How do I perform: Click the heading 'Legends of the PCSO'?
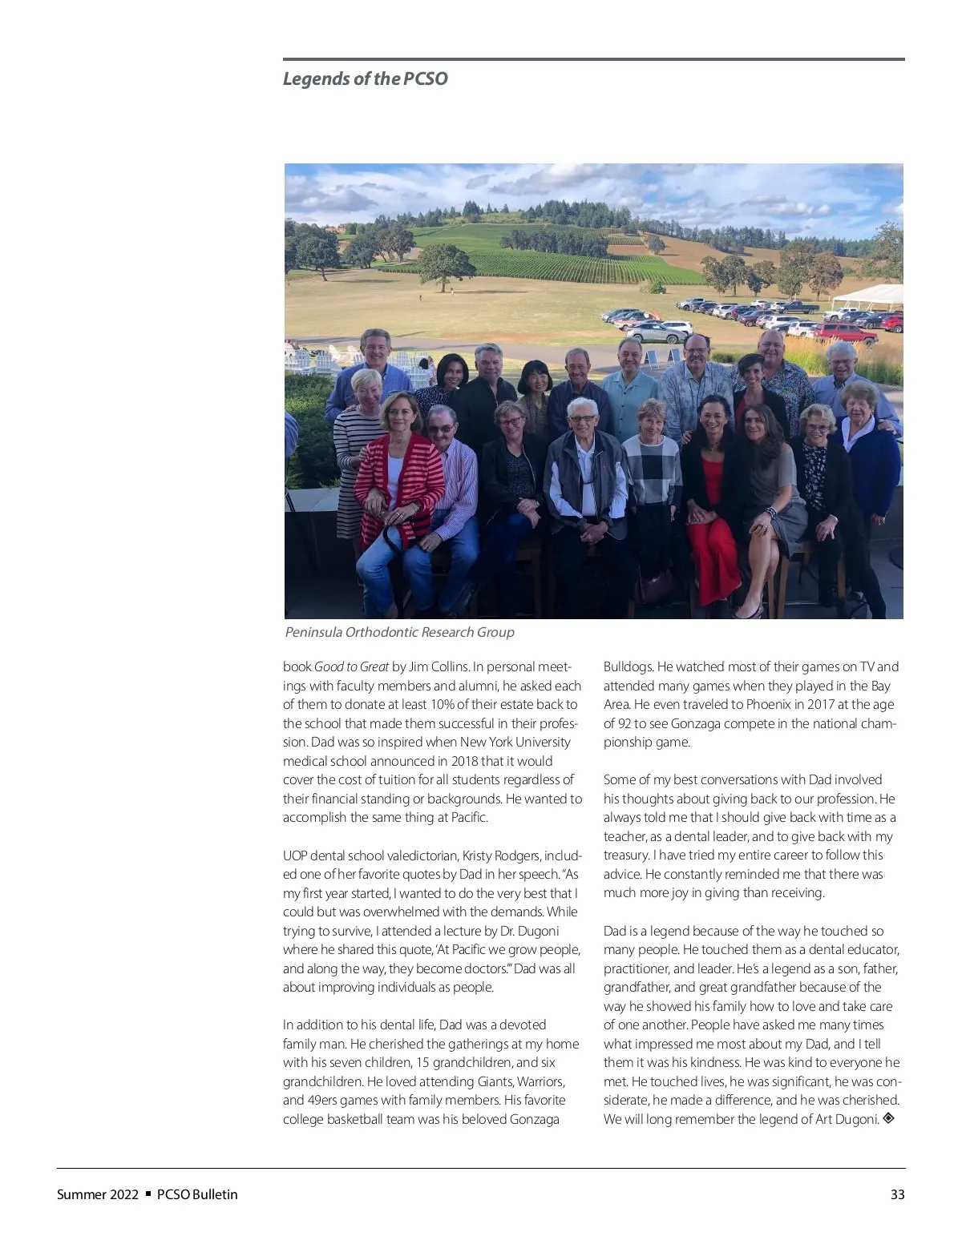(365, 79)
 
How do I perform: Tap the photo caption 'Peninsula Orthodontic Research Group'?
(399, 632)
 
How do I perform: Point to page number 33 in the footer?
(897, 1194)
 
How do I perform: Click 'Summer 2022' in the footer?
(98, 1194)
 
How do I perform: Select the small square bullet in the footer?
(148, 1194)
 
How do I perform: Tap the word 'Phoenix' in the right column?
(768, 704)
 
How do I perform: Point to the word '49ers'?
(322, 1100)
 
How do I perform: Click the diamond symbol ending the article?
(888, 1118)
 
